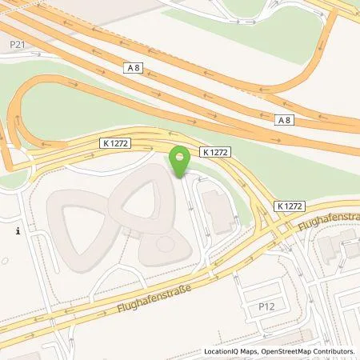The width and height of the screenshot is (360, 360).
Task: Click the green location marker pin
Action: [x=181, y=161]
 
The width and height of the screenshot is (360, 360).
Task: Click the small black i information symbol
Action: [x=18, y=231]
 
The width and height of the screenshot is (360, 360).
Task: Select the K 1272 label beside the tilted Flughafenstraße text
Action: [x=290, y=205]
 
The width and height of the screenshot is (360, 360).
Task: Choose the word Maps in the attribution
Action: [x=252, y=351]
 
